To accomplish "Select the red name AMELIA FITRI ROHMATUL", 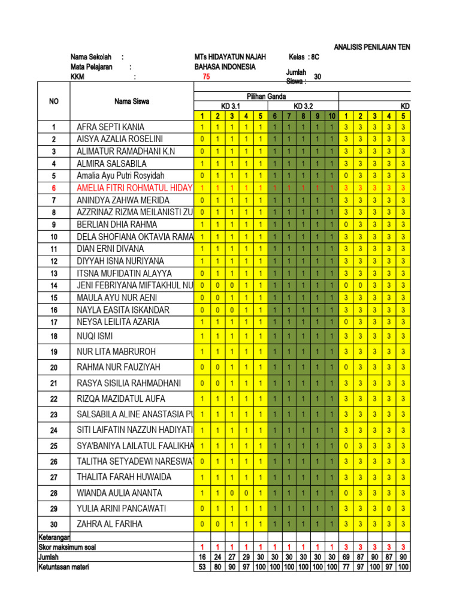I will [135, 188].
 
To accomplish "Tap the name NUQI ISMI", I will [95, 336].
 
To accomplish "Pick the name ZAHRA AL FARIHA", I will [110, 524].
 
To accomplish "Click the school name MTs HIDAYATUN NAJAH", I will [226, 57].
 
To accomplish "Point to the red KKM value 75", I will [206, 77].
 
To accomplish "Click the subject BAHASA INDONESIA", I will [221, 67].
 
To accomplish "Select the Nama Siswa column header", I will [132, 101].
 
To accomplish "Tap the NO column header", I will [54, 101].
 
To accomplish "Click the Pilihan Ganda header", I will [267, 97].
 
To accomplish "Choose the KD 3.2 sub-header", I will [304, 106].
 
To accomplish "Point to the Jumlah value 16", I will [202, 557].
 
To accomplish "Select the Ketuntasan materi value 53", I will [202, 567].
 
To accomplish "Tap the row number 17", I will [54, 322].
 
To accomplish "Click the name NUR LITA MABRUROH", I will [116, 352].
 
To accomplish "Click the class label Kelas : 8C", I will [304, 57].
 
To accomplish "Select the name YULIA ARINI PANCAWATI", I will [122, 508].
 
